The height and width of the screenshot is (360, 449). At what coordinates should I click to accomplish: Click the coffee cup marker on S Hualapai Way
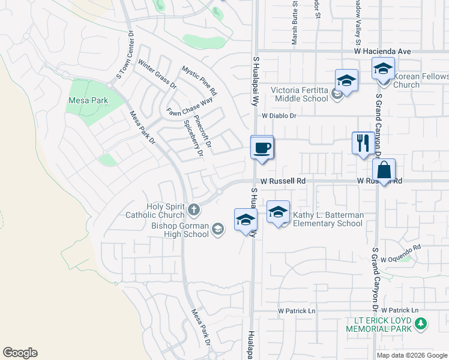click(262, 148)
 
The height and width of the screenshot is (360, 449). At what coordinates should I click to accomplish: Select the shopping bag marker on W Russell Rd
click(384, 170)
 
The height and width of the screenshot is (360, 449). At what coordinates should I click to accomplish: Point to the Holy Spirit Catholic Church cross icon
click(193, 209)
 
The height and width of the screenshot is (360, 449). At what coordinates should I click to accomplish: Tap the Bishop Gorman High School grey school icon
click(218, 228)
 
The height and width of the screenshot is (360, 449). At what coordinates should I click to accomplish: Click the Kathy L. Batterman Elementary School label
click(327, 219)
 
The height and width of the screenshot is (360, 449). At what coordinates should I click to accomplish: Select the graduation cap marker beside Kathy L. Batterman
click(279, 212)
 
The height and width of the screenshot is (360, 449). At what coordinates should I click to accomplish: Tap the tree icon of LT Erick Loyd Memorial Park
click(421, 325)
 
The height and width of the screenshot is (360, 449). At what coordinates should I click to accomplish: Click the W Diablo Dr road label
click(279, 115)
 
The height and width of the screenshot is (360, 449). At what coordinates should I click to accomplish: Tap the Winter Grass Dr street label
click(157, 74)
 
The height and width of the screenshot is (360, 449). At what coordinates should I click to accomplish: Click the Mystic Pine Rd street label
click(199, 82)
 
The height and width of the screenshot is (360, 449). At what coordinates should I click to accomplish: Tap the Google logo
click(20, 353)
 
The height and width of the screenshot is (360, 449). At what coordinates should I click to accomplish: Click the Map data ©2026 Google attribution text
click(412, 355)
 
